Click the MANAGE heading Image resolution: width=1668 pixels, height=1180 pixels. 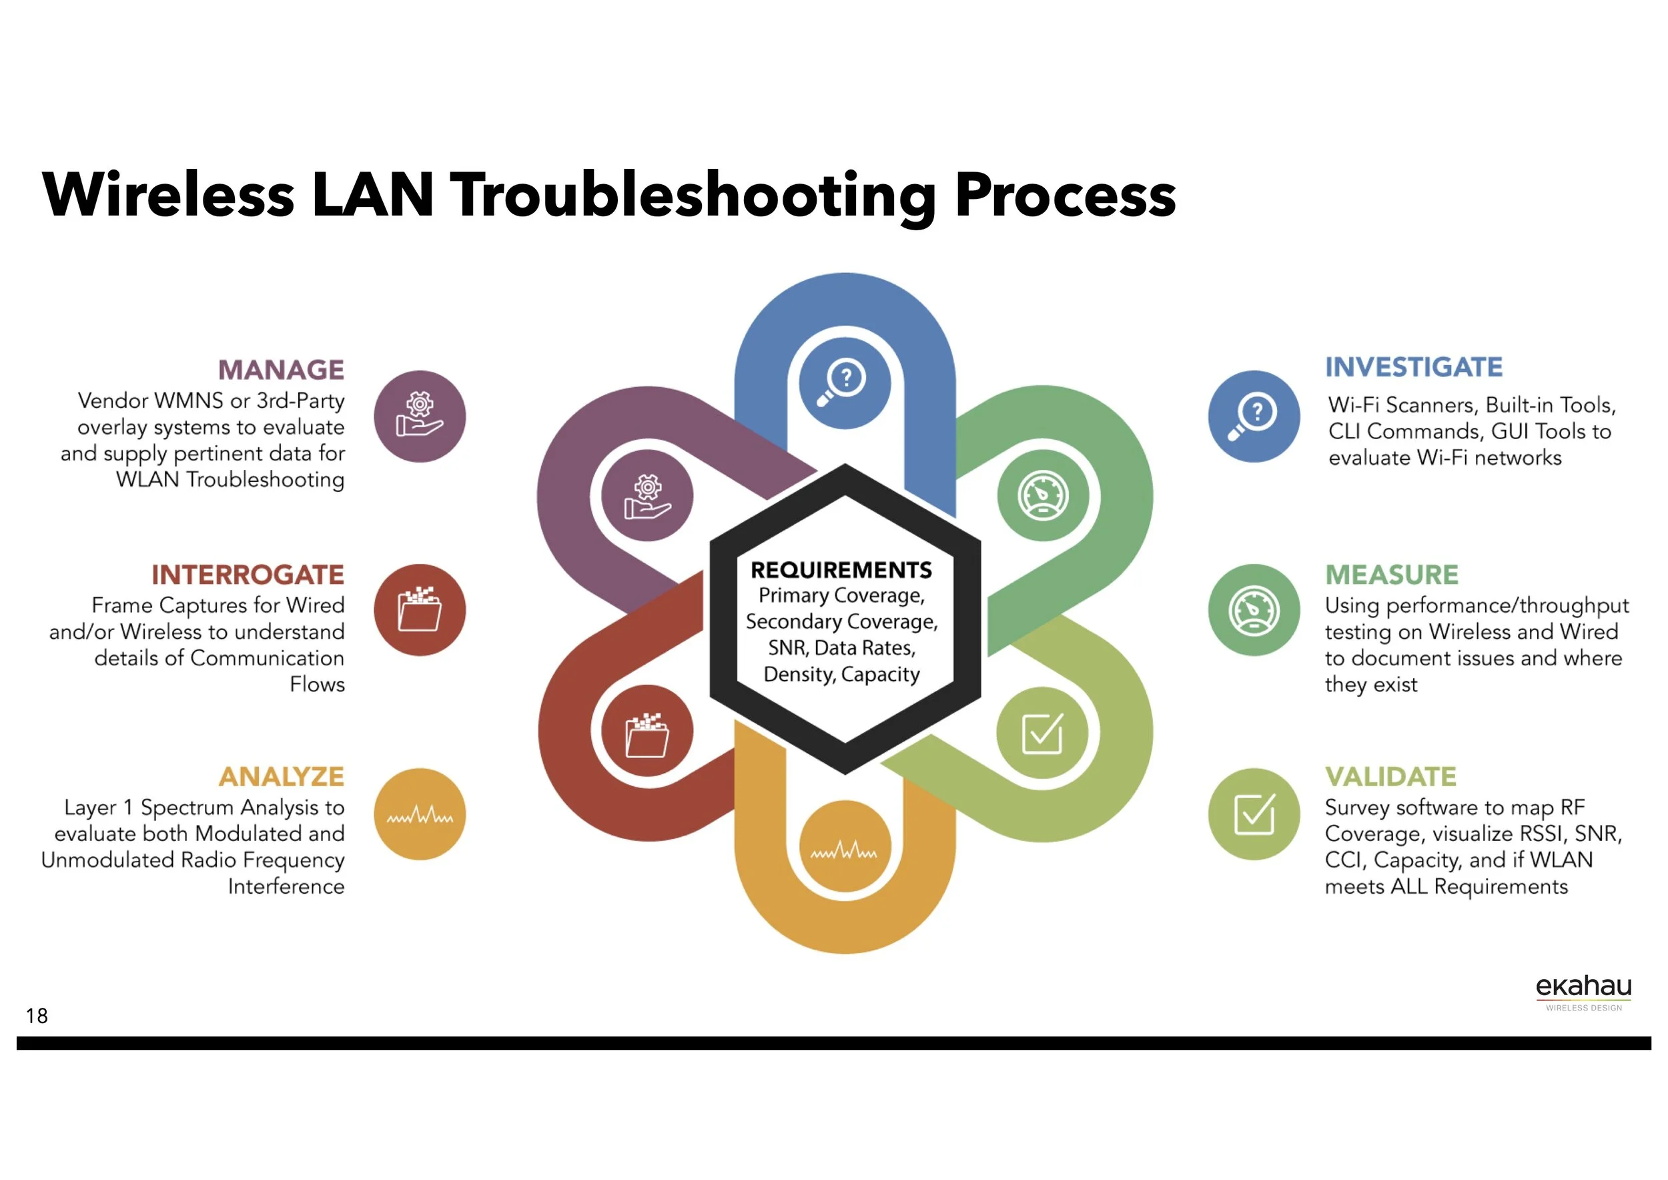(x=281, y=370)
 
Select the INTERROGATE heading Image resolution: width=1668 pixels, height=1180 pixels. (x=248, y=575)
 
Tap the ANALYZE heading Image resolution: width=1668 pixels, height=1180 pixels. (x=281, y=777)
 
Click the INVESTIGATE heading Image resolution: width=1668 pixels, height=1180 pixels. (x=1413, y=367)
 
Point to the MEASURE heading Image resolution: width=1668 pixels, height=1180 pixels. (x=1391, y=575)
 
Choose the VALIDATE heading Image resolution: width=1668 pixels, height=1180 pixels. (x=1390, y=777)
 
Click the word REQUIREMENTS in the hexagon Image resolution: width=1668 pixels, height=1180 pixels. (x=841, y=570)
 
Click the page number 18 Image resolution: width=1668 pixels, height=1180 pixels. (x=36, y=1016)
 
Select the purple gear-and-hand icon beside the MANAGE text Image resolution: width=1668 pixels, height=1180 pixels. (x=419, y=416)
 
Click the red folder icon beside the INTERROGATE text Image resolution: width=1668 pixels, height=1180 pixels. (x=419, y=609)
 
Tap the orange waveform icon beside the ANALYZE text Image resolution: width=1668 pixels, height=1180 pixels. (x=419, y=814)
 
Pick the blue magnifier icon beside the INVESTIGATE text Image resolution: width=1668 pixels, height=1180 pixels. (x=1253, y=416)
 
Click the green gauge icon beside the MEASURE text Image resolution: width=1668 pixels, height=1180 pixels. (x=1253, y=609)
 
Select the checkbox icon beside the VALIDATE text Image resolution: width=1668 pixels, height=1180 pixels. (x=1253, y=814)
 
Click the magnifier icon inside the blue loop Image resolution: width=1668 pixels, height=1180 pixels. (x=844, y=382)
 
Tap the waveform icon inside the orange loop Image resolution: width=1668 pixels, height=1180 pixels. (x=844, y=846)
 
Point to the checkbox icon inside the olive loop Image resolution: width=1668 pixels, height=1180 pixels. (x=1041, y=732)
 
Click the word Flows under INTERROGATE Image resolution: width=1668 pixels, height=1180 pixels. (x=317, y=685)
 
